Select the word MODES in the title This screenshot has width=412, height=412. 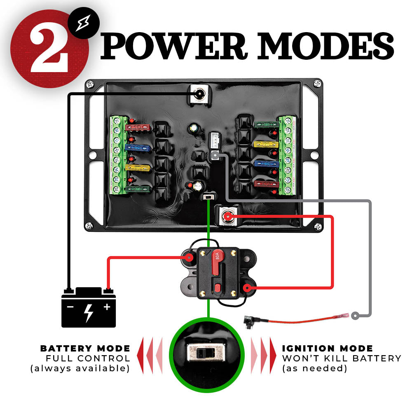pyautogui.click(x=326, y=46)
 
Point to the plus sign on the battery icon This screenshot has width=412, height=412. pyautogui.click(x=107, y=307)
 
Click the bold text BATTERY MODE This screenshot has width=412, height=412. pyautogui.click(x=85, y=349)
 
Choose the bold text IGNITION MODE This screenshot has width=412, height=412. pyautogui.click(x=328, y=349)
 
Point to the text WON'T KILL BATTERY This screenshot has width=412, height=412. pyautogui.click(x=342, y=358)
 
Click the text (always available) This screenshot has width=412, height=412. pyautogui.click(x=80, y=368)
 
